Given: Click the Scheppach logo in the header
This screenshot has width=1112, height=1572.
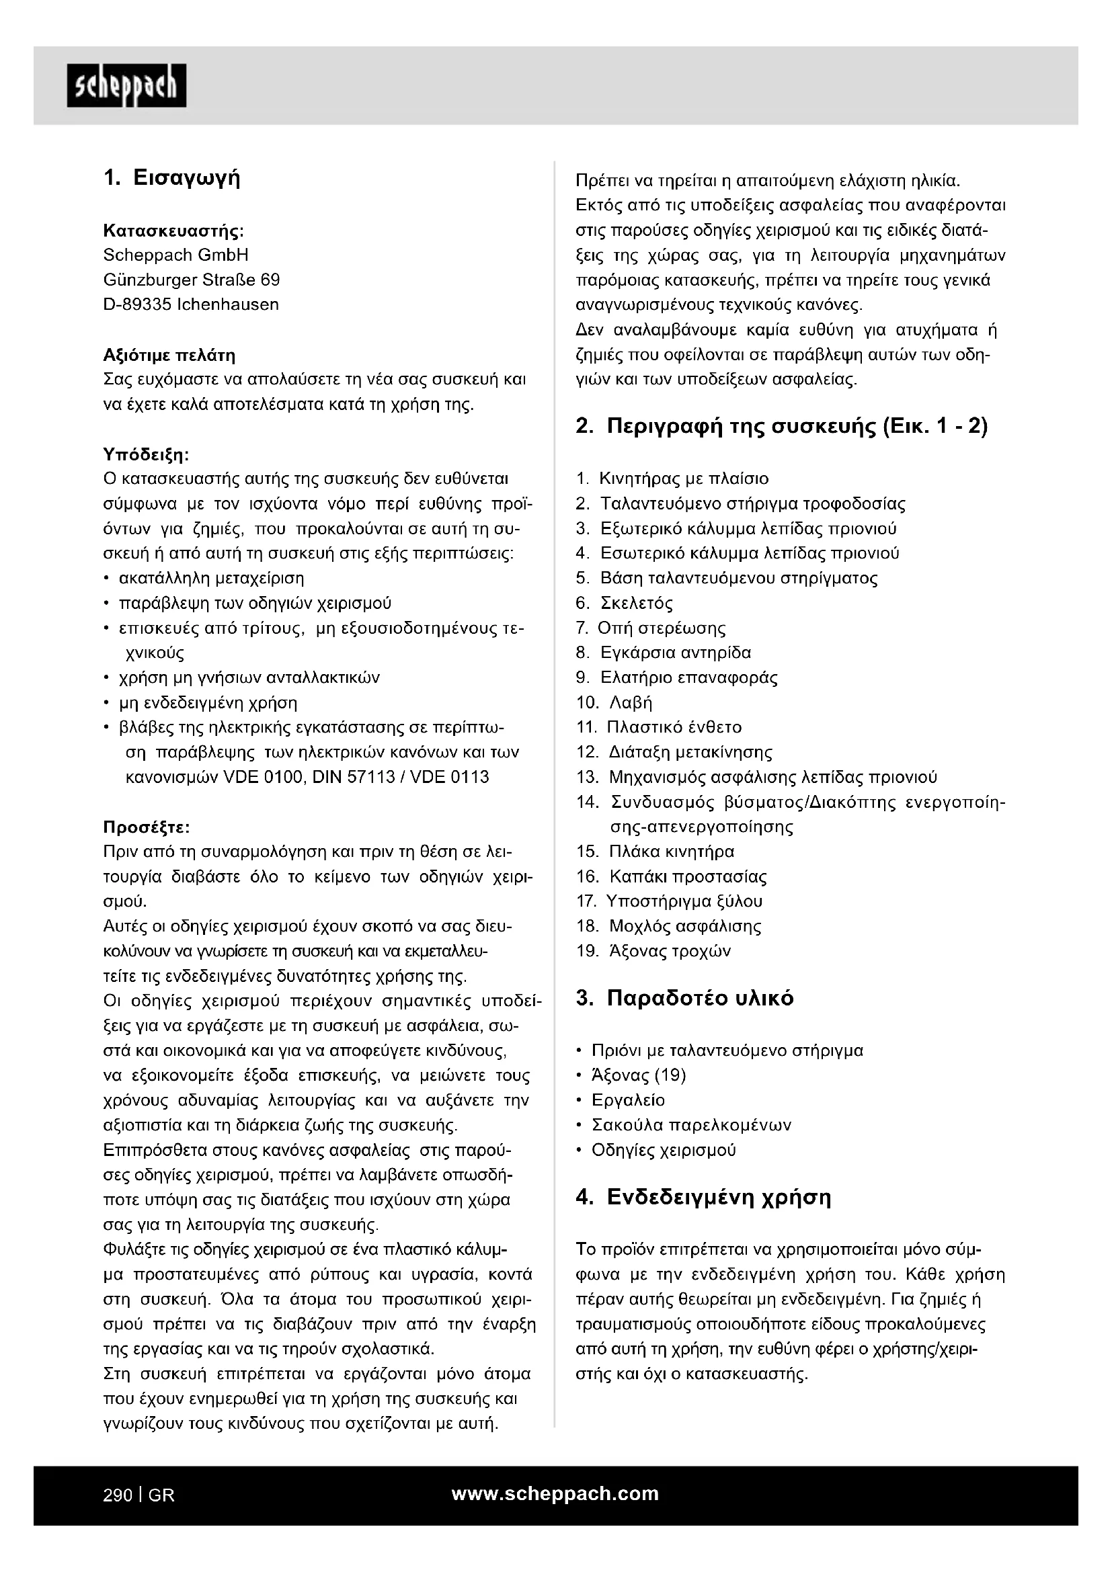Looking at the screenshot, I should [x=126, y=85].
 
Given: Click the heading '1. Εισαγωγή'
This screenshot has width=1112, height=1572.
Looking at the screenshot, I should [x=172, y=178].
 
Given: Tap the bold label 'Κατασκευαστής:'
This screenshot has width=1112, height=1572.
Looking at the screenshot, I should [x=173, y=230].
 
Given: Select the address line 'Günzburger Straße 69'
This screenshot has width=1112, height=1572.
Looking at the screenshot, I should [x=191, y=280].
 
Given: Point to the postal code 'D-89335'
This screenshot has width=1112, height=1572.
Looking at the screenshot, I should [x=137, y=304].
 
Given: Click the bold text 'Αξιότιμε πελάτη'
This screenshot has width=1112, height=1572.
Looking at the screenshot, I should [x=169, y=356].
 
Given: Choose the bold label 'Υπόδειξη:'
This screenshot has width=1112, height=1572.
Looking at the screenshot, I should [x=146, y=454].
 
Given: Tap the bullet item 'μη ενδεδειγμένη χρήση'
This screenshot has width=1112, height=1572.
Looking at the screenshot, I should [x=208, y=702].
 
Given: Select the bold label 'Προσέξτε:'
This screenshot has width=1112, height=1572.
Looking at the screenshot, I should [x=146, y=827].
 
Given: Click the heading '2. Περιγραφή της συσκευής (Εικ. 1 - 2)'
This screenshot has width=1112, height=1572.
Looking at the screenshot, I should [x=781, y=427].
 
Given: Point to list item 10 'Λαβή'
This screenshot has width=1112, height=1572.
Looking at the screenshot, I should [x=631, y=702].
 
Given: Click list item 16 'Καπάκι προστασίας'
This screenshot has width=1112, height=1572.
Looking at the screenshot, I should [x=688, y=876].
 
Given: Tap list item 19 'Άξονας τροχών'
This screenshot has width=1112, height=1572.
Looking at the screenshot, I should [x=670, y=951].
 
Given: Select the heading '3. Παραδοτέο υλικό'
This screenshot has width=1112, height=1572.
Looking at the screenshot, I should [x=684, y=998].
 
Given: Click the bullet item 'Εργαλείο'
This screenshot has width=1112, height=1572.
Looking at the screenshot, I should [x=628, y=1100].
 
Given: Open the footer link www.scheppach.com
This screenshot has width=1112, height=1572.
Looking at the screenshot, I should [x=555, y=1493].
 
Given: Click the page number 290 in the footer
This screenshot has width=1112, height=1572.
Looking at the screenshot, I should [x=118, y=1495].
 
